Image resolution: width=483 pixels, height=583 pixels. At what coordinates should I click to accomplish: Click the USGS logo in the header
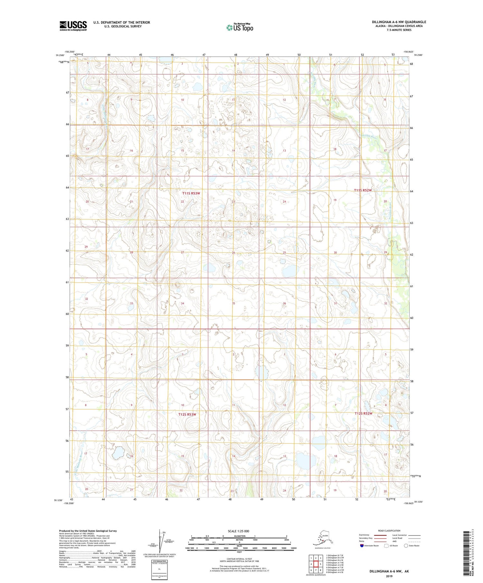73,26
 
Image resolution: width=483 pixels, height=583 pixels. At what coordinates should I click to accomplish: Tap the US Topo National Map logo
240,27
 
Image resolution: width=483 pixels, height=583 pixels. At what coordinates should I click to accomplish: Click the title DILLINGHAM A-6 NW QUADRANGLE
399,22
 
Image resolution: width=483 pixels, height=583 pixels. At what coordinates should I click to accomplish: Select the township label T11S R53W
191,193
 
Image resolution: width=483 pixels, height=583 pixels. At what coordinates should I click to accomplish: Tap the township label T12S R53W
187,414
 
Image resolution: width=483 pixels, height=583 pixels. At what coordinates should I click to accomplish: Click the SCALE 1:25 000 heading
238,531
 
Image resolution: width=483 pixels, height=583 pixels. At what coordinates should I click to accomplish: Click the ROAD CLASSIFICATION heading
389,531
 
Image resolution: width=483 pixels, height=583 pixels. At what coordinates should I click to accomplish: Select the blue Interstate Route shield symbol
362,546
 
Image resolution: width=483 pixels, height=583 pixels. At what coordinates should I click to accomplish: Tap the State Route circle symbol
406,546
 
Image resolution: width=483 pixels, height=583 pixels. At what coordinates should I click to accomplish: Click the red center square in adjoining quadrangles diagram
316,564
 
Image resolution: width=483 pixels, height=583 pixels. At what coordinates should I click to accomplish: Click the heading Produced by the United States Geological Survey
88,531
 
